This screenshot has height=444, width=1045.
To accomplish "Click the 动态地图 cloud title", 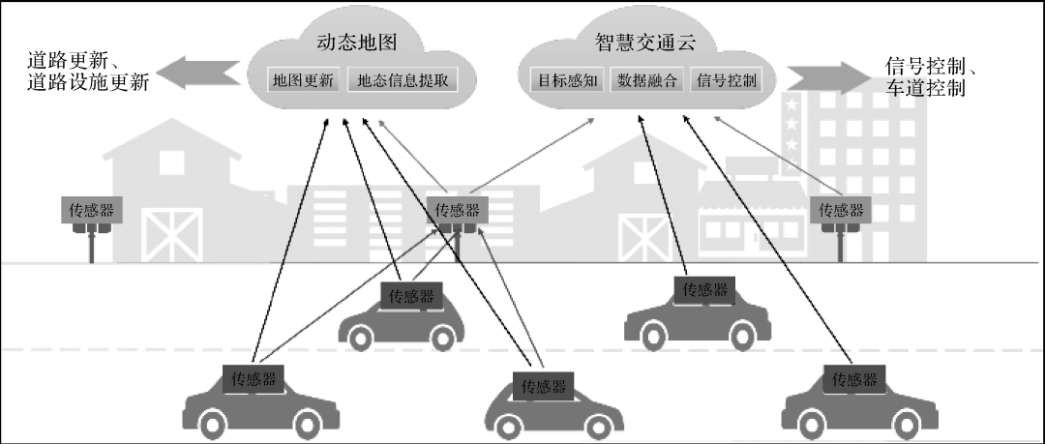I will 357,43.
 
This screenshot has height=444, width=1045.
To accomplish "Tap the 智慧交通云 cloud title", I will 645,43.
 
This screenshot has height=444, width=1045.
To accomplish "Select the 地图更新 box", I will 303,80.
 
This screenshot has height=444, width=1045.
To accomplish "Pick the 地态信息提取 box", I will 403,80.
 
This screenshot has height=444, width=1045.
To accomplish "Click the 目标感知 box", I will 566,80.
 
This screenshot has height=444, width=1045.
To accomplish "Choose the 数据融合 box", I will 647,80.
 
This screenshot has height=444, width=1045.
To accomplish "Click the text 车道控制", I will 925,89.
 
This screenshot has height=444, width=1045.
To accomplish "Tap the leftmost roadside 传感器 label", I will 92,210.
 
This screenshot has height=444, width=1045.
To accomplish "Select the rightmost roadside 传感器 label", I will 840,210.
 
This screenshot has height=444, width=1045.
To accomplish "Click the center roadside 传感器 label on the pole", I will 457,210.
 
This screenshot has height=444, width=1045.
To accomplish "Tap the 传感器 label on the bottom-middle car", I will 543,385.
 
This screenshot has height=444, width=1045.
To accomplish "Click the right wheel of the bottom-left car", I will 307,422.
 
